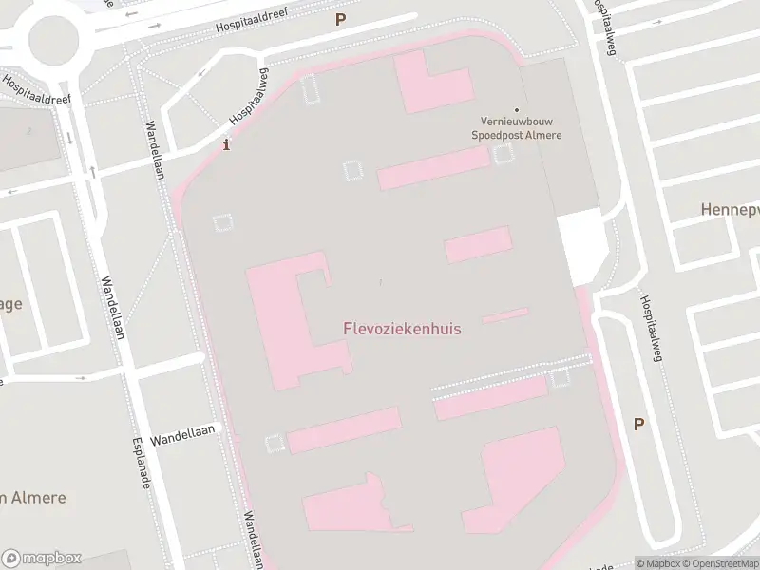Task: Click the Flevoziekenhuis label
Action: [402, 329]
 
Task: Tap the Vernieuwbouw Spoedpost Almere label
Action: [517, 128]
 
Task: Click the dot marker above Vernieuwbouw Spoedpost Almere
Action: [517, 110]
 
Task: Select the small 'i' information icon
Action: [225, 145]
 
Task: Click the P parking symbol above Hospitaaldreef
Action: [340, 18]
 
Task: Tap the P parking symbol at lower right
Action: [638, 425]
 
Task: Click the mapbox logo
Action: [42, 558]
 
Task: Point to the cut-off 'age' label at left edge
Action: [10, 304]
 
